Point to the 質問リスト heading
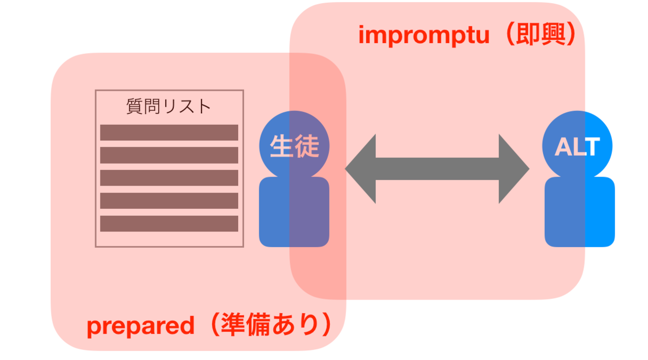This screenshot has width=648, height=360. (x=168, y=106)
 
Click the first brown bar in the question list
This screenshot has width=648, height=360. (x=169, y=132)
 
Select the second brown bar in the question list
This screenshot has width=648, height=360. (x=169, y=155)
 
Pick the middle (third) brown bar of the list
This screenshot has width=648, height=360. (x=169, y=178)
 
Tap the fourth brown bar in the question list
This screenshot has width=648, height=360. (x=169, y=200)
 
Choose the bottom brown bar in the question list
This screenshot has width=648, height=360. (x=169, y=223)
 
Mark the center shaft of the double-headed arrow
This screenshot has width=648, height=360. (x=437, y=169)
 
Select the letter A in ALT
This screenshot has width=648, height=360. (x=563, y=146)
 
